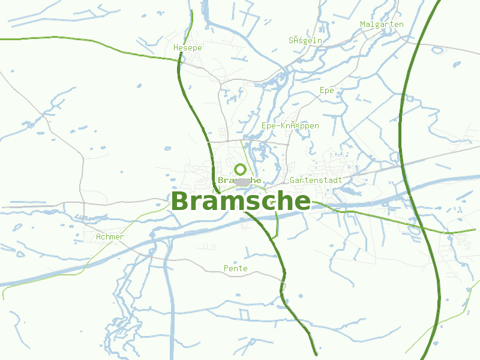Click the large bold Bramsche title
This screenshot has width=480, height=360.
[x=241, y=202]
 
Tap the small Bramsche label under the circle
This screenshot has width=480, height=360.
[x=239, y=180]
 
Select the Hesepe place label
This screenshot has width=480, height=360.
[x=187, y=47]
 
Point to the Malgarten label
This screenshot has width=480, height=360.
[x=382, y=25]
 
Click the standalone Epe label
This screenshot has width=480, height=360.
[x=326, y=91]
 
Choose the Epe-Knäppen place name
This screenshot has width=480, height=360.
[x=290, y=126]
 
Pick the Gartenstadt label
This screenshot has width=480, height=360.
[x=316, y=180]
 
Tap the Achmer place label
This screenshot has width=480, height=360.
[x=110, y=237]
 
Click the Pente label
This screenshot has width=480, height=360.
[x=235, y=268]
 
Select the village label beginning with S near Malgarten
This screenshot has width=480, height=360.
[x=305, y=41]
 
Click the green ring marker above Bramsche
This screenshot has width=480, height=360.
[x=240, y=169]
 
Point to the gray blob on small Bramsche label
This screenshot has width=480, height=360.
[x=242, y=181]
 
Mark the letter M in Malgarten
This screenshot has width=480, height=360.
[x=363, y=25]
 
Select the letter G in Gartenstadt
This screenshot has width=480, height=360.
[x=292, y=180]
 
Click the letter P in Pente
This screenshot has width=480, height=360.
[x=226, y=268]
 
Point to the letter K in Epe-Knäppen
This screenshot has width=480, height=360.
[x=283, y=126]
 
